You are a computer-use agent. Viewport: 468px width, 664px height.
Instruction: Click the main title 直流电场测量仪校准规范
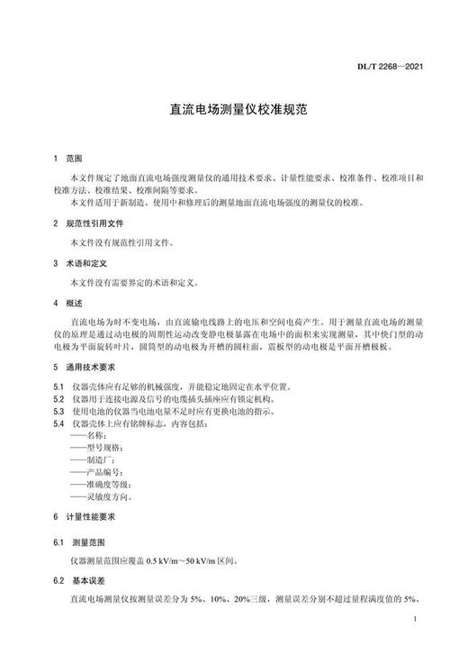[233, 111]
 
